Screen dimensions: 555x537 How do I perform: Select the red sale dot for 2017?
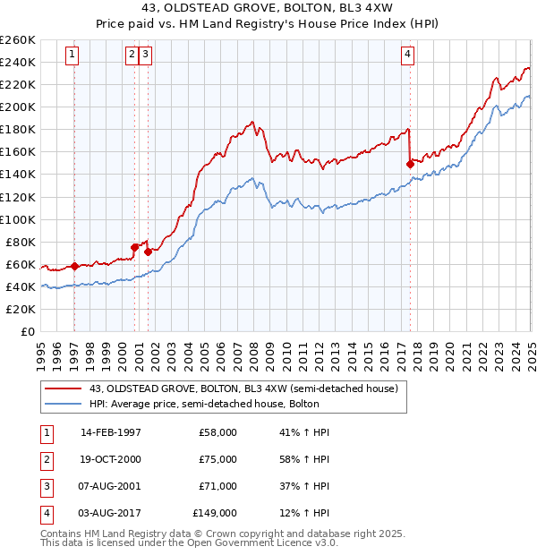(410, 164)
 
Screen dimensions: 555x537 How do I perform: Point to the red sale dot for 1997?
(74, 266)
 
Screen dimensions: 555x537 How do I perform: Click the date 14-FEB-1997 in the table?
(111, 432)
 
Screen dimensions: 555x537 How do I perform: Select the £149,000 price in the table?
(215, 513)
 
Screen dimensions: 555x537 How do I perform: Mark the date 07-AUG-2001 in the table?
(111, 486)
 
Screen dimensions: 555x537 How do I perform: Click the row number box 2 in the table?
(45, 459)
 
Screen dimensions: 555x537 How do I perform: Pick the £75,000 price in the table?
(217, 459)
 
